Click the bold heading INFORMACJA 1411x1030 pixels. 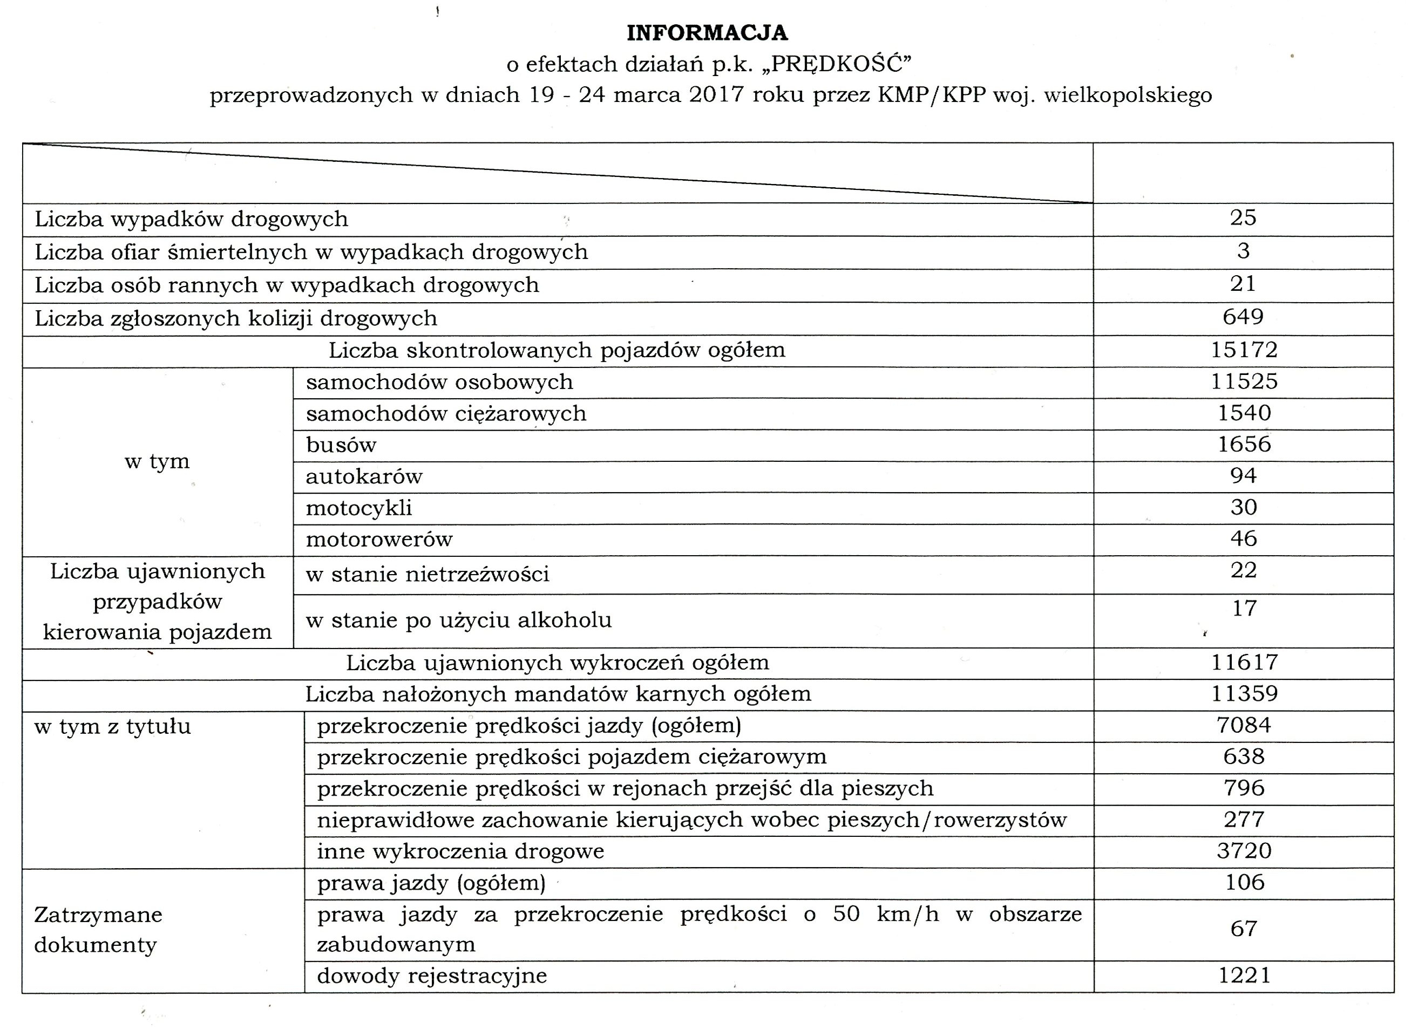pyautogui.click(x=707, y=33)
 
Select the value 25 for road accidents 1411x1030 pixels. pyautogui.click(x=1243, y=218)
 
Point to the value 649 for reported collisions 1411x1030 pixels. pyautogui.click(x=1243, y=317)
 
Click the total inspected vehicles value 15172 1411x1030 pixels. pyautogui.click(x=1244, y=350)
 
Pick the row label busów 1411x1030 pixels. pyautogui.click(x=341, y=445)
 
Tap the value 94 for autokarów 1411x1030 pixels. pyautogui.click(x=1243, y=476)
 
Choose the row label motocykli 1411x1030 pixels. pyautogui.click(x=358, y=508)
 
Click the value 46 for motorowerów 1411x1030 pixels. pyautogui.click(x=1243, y=538)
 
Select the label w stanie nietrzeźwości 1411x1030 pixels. pyautogui.click(x=428, y=574)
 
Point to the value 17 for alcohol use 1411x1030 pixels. pyautogui.click(x=1244, y=609)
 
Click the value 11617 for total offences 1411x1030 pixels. pyautogui.click(x=1244, y=662)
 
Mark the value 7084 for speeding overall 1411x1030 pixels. pyautogui.click(x=1243, y=725)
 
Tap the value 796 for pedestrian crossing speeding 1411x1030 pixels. pyautogui.click(x=1243, y=788)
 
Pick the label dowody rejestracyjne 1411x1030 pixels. pyautogui.click(x=432, y=976)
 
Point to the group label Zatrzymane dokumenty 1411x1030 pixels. pyautogui.click(x=98, y=930)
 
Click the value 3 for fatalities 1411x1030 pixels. pyautogui.click(x=1243, y=251)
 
